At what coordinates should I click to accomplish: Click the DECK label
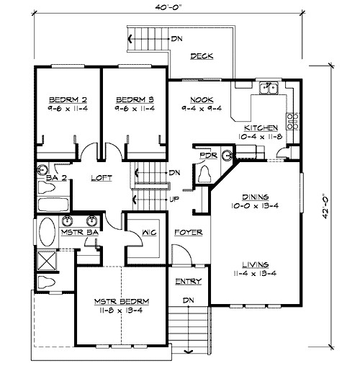200,56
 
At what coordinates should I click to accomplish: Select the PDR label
208,154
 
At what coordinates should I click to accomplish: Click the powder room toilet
204,174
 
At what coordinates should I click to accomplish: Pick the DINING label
255,196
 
